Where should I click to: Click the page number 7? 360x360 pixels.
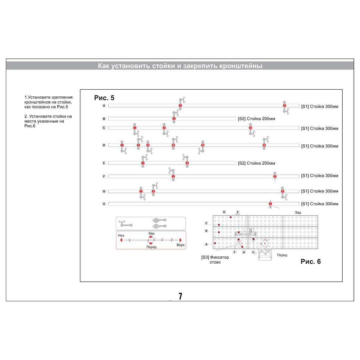click(x=180, y=296)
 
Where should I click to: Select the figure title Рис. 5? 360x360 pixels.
click(x=104, y=98)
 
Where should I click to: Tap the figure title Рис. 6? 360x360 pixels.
click(x=310, y=261)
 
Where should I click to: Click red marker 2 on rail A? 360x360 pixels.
click(x=284, y=106)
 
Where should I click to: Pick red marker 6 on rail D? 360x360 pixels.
click(x=264, y=145)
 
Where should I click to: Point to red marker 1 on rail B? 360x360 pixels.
click(x=174, y=119)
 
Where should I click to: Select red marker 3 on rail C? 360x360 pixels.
click(x=250, y=128)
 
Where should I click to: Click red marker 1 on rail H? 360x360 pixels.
click(x=270, y=204)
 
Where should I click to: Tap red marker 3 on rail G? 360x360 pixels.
click(x=283, y=191)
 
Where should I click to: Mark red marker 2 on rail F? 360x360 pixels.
click(x=275, y=176)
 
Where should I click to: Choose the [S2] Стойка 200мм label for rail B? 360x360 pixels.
click(x=256, y=119)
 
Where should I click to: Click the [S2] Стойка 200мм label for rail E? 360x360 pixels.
click(x=256, y=163)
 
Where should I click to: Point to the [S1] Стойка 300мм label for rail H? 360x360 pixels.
click(x=319, y=204)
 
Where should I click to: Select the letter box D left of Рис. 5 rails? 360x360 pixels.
click(x=104, y=145)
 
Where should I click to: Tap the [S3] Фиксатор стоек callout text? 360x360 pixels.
click(x=215, y=259)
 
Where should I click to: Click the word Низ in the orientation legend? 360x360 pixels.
click(x=121, y=235)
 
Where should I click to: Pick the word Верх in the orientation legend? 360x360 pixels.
click(x=180, y=245)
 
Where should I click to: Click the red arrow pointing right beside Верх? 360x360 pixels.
click(x=181, y=240)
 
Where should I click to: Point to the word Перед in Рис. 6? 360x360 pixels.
click(x=282, y=255)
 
